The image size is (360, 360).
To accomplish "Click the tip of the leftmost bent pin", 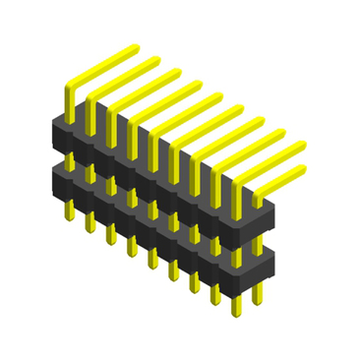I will pyautogui.click(x=131, y=48).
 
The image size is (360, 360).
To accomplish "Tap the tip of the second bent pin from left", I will pyautogui.click(x=154, y=62).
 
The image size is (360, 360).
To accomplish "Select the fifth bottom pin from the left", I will pyautogui.click(x=151, y=264).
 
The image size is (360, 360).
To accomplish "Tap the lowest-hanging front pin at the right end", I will pyautogui.click(x=235, y=314).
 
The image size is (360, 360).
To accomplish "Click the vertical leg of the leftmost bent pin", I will pyautogui.click(x=69, y=103).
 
